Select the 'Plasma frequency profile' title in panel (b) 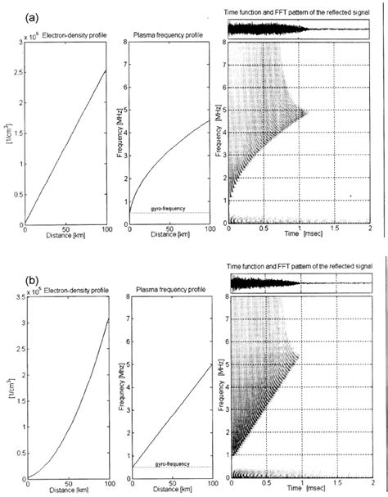(169, 291)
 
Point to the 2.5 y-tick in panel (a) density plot (19, 82)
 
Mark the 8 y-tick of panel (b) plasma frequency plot (124, 298)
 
